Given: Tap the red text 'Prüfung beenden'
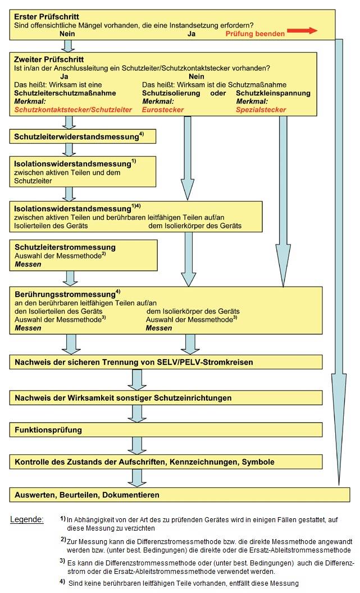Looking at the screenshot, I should [x=255, y=34].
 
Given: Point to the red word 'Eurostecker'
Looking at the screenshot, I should [x=163, y=110].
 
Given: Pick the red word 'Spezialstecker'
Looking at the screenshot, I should [x=261, y=110].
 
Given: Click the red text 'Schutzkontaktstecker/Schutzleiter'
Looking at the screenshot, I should [x=73, y=110].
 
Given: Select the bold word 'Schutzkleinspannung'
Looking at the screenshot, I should [x=273, y=93].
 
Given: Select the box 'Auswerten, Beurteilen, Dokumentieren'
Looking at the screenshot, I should [x=179, y=495].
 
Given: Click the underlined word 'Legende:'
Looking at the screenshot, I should [x=27, y=519].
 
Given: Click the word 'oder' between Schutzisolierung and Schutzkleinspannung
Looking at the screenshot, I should [x=218, y=93].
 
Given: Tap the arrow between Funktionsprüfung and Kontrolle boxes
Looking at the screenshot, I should [x=136, y=446].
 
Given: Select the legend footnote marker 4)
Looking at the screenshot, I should [x=62, y=582].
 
